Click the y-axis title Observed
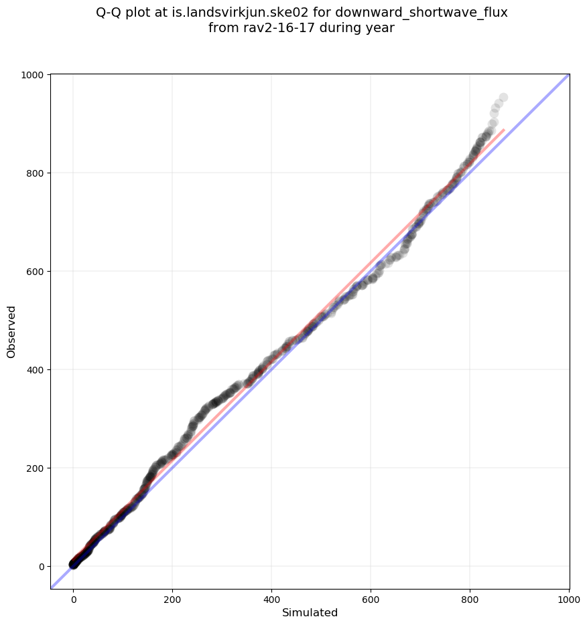[11, 331]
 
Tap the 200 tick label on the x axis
[172, 599]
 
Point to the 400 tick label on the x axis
[271, 599]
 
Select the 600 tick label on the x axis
[371, 599]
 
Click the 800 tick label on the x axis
[470, 599]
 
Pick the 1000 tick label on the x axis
[568, 599]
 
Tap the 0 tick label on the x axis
[74, 599]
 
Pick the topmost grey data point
[503, 98]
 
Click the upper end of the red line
[504, 129]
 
